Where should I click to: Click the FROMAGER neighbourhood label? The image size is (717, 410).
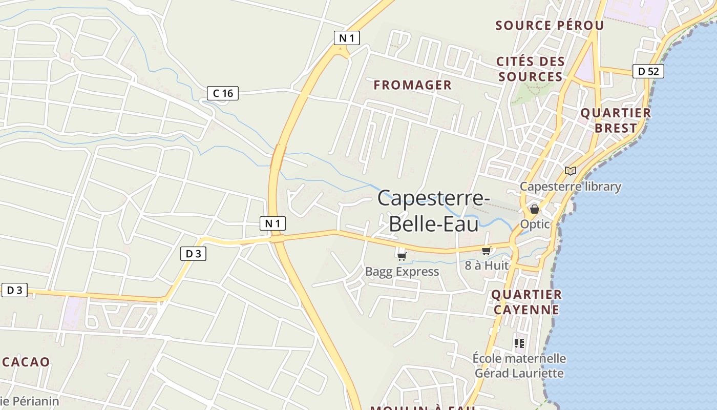(x=413, y=85)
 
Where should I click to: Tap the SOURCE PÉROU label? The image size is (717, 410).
(x=550, y=25)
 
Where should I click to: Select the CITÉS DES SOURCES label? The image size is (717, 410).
(x=531, y=69)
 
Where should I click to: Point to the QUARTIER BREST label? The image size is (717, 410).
(x=616, y=120)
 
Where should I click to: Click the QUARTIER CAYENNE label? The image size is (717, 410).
(x=526, y=302)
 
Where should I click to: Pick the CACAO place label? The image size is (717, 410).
(x=26, y=362)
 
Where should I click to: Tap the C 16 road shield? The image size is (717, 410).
(x=223, y=93)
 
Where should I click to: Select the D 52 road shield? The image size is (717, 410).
(x=648, y=71)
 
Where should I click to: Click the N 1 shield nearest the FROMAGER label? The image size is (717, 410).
(x=347, y=37)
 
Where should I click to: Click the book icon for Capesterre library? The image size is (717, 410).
(x=570, y=171)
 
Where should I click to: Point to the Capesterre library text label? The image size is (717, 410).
(x=570, y=186)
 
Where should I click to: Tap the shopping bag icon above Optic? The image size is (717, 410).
(x=535, y=209)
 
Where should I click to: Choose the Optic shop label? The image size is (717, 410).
(x=535, y=224)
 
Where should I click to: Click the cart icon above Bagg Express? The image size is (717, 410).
(x=402, y=256)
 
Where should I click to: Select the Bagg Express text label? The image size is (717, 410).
(x=402, y=272)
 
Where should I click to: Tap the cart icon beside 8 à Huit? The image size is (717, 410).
(x=486, y=251)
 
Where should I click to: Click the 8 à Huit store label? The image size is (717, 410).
(x=487, y=265)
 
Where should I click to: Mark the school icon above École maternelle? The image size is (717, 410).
(x=519, y=343)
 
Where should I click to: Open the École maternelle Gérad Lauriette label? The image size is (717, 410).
(x=519, y=365)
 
